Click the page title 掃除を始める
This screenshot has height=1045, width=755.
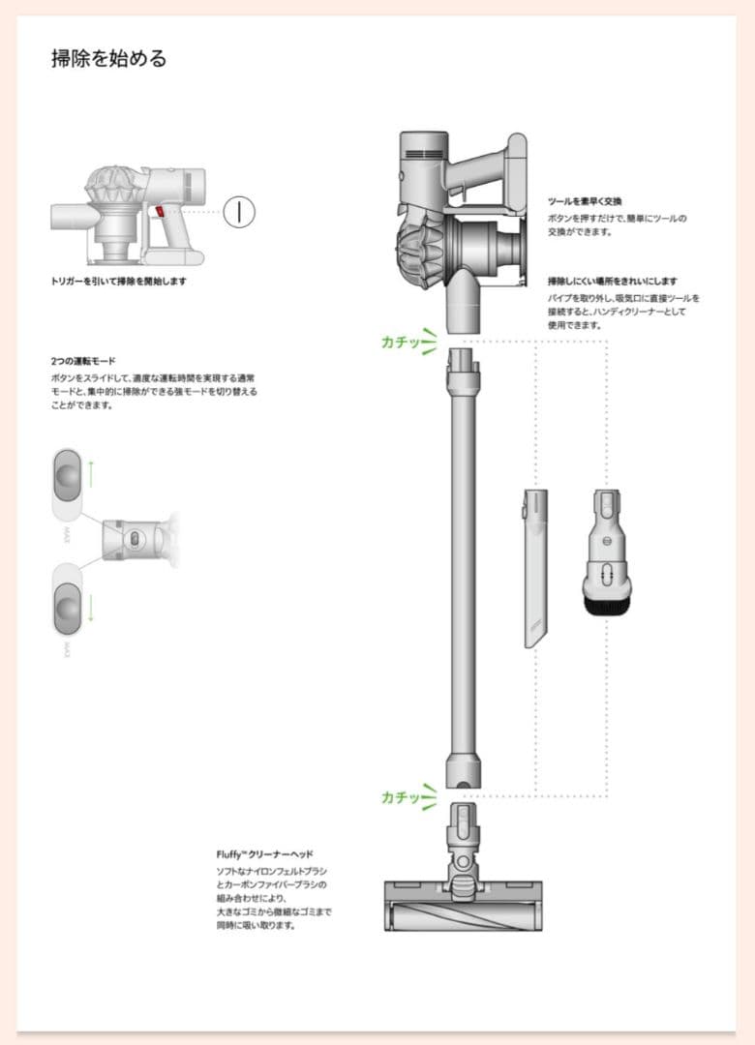pyautogui.click(x=109, y=58)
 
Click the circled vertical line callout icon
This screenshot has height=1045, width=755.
pyautogui.click(x=238, y=211)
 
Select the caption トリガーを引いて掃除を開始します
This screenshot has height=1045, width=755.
pyautogui.click(x=118, y=282)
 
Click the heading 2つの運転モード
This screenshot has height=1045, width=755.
pyautogui.click(x=83, y=361)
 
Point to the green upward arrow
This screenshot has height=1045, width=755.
pyautogui.click(x=91, y=473)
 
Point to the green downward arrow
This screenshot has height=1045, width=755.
pyautogui.click(x=91, y=608)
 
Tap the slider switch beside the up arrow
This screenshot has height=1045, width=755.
pyautogui.click(x=65, y=475)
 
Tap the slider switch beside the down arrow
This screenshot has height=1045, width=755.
pyautogui.click(x=65, y=607)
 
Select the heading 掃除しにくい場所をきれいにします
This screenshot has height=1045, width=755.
pyautogui.click(x=612, y=282)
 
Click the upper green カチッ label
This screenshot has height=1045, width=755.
pyautogui.click(x=400, y=342)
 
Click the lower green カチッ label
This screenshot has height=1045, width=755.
pyautogui.click(x=400, y=796)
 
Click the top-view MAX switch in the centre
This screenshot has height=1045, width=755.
pyautogui.click(x=135, y=536)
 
